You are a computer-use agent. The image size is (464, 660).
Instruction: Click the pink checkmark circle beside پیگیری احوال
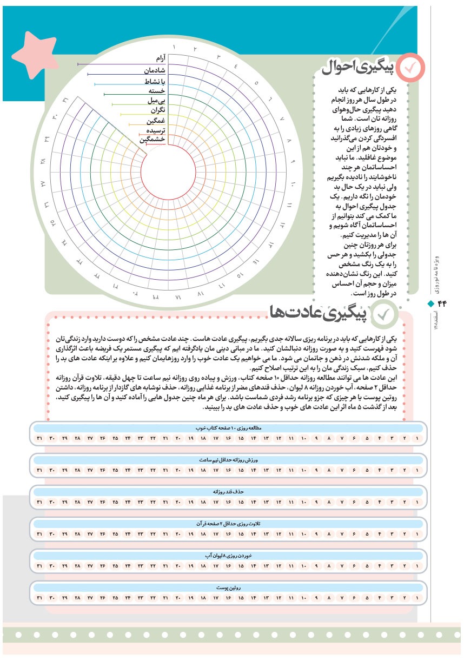410,67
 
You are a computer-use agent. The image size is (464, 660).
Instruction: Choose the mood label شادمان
154,70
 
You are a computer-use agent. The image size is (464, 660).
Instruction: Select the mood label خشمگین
153,140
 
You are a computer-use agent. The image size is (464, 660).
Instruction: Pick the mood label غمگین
155,120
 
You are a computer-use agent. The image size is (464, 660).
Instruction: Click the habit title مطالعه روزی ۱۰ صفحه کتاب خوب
228,428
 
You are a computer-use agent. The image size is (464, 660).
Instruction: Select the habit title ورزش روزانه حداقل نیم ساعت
228,460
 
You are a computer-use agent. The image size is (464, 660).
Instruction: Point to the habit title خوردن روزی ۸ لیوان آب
228,556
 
